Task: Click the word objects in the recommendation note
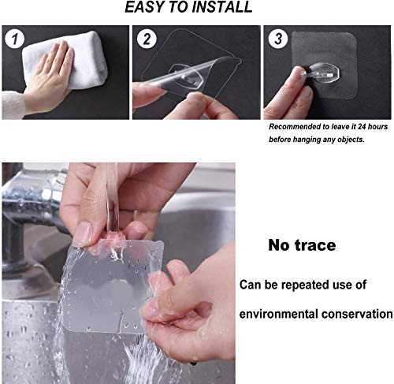coord(351,140)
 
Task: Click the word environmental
coord(284,314)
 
